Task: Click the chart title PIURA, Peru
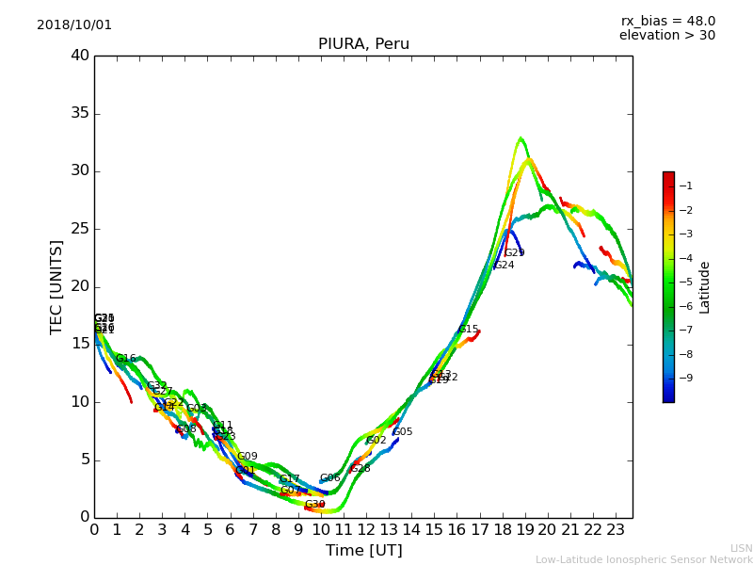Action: click(363, 44)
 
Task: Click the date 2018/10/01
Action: click(74, 24)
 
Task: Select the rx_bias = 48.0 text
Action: click(668, 21)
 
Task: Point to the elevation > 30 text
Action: click(667, 36)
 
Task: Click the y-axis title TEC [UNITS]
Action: click(56, 286)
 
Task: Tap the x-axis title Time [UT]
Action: click(363, 550)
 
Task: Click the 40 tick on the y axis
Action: click(79, 56)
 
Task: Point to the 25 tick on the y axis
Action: click(79, 229)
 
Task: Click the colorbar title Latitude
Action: click(704, 286)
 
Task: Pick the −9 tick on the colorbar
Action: click(685, 378)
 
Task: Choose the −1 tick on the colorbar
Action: click(685, 186)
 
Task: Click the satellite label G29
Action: click(514, 252)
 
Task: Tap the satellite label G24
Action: click(504, 266)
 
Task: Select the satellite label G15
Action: click(468, 330)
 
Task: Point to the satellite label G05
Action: click(402, 432)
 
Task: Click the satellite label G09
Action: click(247, 457)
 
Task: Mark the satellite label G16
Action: click(125, 359)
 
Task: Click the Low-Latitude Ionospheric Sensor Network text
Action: click(644, 559)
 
